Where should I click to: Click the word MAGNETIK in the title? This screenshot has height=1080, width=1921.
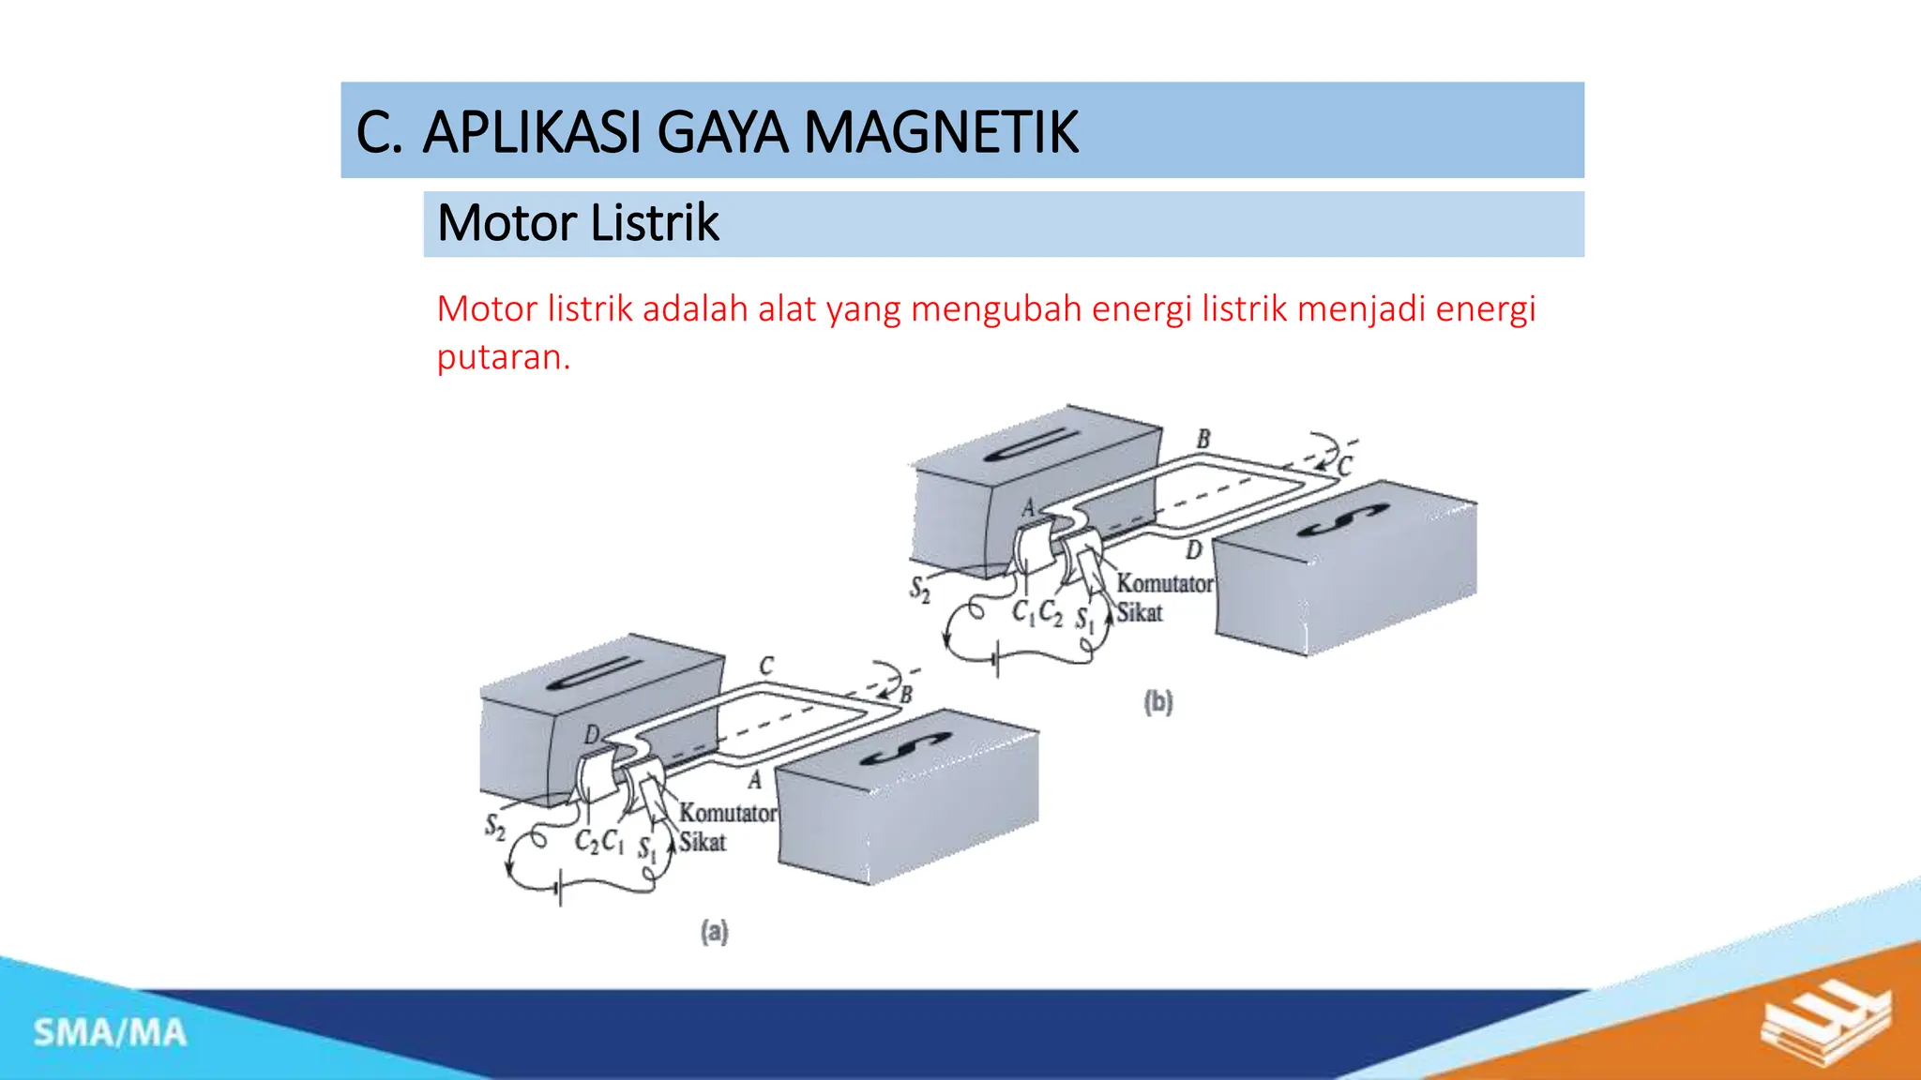[x=941, y=132]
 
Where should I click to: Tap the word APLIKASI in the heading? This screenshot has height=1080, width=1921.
[x=532, y=132]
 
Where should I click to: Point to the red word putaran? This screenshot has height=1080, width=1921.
[x=503, y=357]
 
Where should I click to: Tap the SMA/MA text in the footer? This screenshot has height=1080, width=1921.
[x=110, y=1033]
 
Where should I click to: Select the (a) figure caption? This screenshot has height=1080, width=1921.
[x=714, y=931]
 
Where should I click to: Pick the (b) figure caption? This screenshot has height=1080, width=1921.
[x=1157, y=702]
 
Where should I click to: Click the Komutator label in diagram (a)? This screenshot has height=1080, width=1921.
[x=728, y=813]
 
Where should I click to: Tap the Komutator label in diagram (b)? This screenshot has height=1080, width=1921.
[x=1164, y=583]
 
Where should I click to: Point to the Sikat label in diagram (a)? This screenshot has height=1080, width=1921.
[x=703, y=842]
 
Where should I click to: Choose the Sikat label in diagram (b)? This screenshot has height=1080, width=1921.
[x=1139, y=613]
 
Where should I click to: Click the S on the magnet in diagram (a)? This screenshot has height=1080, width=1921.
[x=904, y=750]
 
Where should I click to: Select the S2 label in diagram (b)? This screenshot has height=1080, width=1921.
[x=920, y=590]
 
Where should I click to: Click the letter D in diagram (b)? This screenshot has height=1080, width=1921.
[x=1193, y=550]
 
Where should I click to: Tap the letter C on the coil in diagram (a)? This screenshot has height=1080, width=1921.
[x=766, y=666]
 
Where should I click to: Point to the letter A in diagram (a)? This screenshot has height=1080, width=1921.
[x=754, y=780]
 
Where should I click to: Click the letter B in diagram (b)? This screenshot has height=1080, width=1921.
[x=1203, y=439]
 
